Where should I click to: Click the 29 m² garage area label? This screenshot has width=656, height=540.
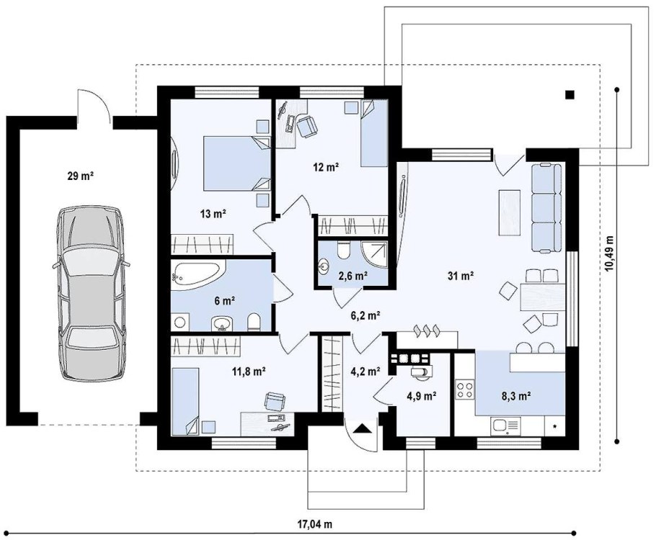tap(80, 176)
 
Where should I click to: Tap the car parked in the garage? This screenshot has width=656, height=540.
tap(91, 293)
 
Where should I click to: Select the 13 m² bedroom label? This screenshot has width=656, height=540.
tap(213, 214)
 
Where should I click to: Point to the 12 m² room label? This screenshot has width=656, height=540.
tap(326, 167)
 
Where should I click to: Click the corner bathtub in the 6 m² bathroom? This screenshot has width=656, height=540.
tap(198, 274)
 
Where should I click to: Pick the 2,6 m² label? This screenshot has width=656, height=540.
tap(353, 275)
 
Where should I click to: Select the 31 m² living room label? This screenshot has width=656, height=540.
tap(461, 276)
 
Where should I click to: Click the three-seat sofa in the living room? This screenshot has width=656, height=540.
tap(546, 208)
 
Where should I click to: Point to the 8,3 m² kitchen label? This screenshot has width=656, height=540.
tap(516, 396)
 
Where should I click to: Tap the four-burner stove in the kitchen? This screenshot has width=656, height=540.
tap(465, 390)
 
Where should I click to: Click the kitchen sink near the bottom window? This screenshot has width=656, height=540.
tap(506, 426)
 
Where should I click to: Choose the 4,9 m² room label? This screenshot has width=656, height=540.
tap(422, 395)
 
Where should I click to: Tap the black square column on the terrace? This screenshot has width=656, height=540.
tap(569, 95)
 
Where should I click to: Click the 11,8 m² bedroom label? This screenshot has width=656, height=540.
tap(249, 371)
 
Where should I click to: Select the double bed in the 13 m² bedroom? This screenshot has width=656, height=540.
tap(237, 163)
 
